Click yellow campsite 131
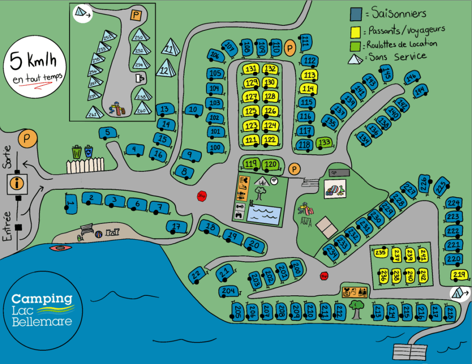(251, 69)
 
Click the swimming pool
(264, 215)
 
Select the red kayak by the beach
(60, 248)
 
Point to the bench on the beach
(87, 229)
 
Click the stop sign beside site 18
(201, 196)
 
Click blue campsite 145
(387, 72)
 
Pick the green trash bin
(77, 152)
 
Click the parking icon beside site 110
(290, 47)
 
